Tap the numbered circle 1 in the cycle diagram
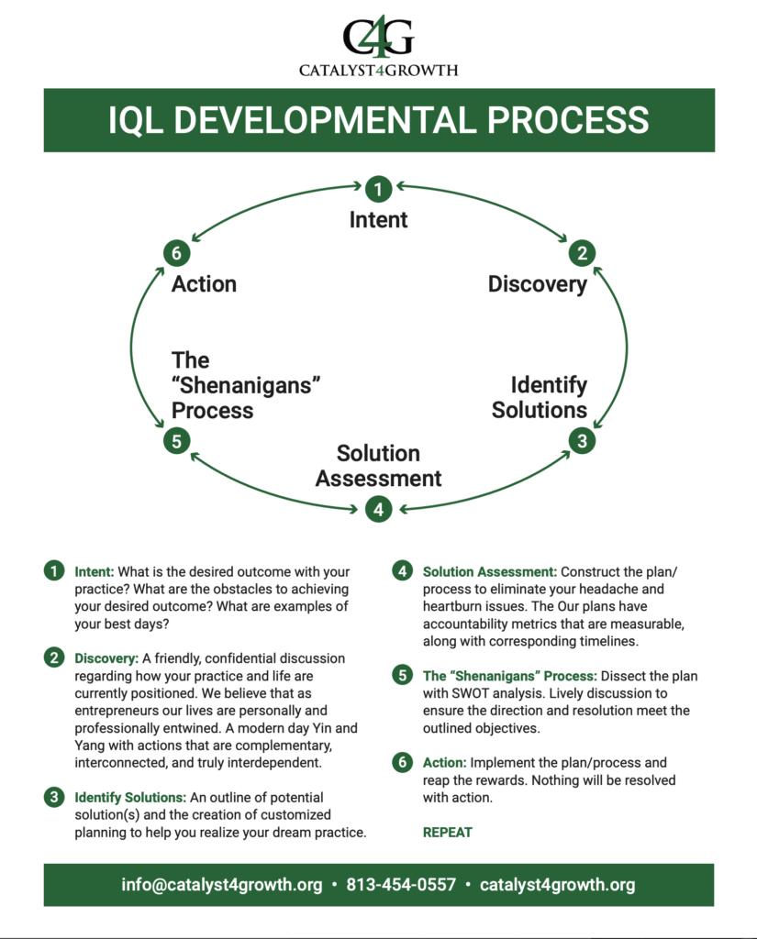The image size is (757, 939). (378, 190)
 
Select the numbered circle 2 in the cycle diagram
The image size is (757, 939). (581, 254)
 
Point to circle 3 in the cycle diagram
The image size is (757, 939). (581, 441)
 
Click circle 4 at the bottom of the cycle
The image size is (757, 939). (378, 508)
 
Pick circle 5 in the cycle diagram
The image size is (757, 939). (176, 441)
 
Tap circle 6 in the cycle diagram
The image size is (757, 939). (176, 254)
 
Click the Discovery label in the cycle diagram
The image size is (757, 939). (537, 284)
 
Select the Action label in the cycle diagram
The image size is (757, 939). (204, 284)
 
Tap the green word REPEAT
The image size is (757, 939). (447, 833)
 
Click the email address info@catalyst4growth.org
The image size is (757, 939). (222, 885)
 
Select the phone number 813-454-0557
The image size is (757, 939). (401, 885)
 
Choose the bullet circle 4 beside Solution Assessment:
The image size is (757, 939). (402, 571)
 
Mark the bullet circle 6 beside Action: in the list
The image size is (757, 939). (402, 763)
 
